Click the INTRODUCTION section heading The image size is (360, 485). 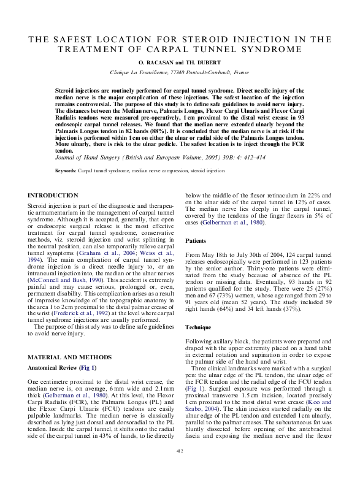pyautogui.click(x=53, y=195)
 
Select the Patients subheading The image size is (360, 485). pyautogui.click(x=196, y=241)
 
